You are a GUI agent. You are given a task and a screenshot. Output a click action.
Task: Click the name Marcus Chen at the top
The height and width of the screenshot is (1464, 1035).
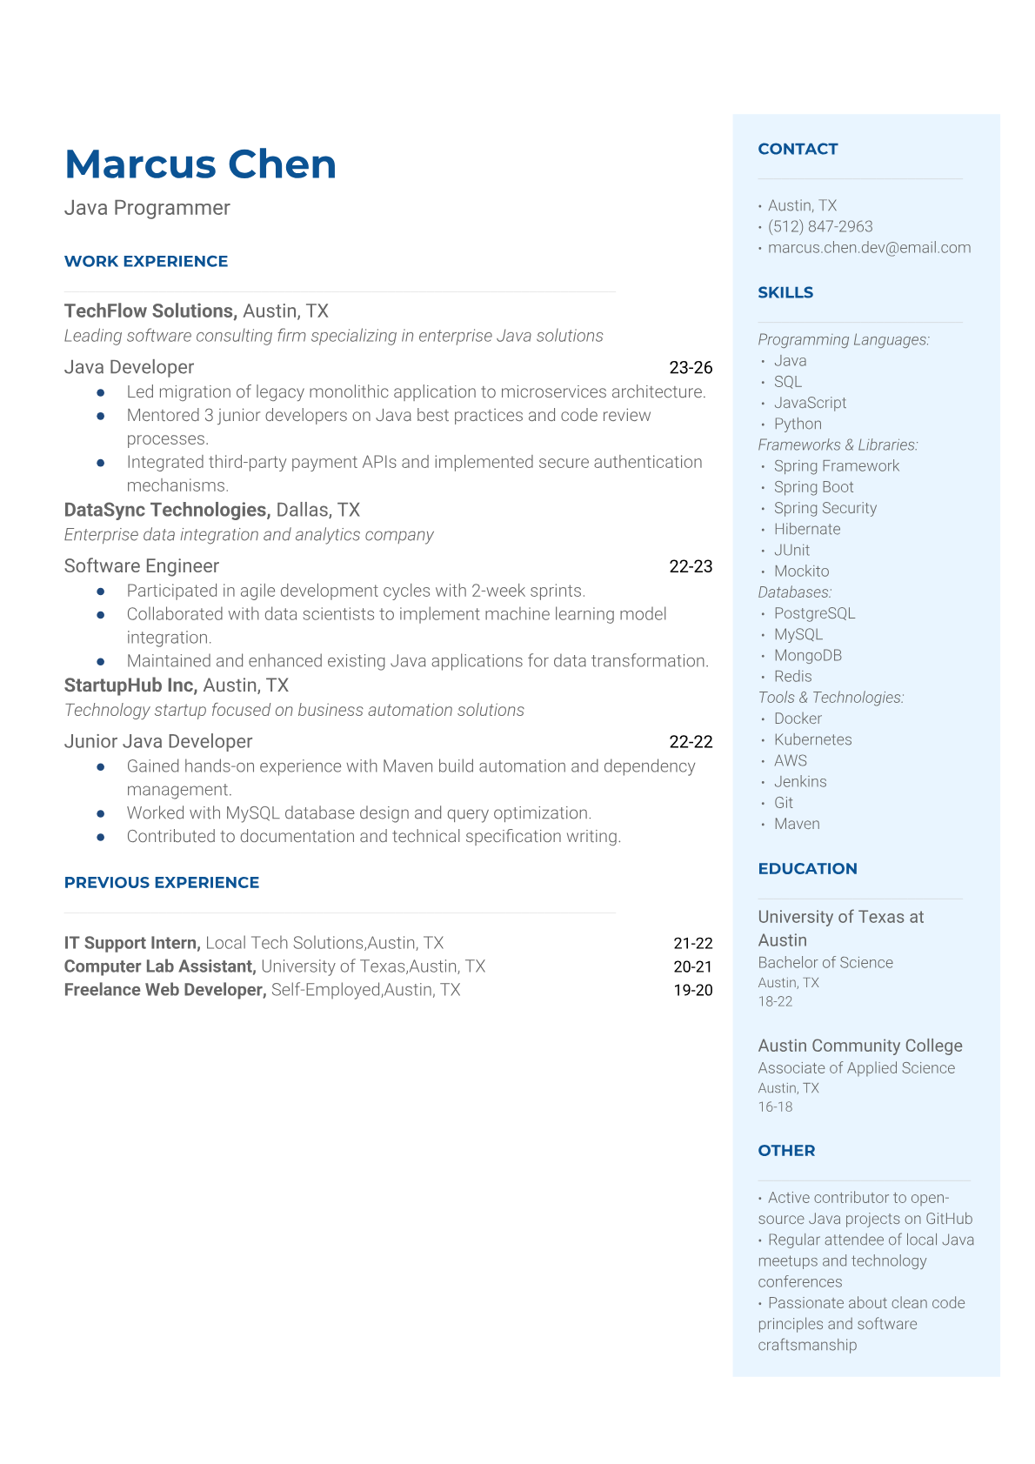tap(200, 164)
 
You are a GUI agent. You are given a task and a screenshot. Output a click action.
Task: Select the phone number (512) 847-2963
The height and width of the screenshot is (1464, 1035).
tap(820, 226)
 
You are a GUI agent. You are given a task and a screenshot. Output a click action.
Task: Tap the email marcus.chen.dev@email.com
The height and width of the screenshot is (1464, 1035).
tap(869, 247)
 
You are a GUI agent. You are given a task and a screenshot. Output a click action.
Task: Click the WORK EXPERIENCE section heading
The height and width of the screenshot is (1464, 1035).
tap(146, 261)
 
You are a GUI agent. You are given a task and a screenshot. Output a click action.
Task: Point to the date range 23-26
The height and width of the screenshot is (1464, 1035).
tap(691, 367)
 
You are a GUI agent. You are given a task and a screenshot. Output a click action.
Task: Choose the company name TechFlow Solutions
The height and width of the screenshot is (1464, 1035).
tap(150, 311)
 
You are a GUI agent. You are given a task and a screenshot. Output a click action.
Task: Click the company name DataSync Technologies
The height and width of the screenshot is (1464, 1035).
tap(167, 510)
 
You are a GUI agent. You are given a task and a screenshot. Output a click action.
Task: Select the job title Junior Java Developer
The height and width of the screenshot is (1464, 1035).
tap(158, 741)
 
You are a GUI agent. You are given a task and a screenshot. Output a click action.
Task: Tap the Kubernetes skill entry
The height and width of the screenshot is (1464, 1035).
tap(812, 739)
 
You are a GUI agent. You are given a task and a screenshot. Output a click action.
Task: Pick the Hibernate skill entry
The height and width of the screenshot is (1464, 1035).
tap(807, 529)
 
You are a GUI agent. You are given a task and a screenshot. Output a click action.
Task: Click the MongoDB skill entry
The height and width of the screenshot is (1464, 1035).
tap(807, 655)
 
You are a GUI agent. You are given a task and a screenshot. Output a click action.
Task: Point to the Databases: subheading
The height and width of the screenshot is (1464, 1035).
tap(795, 592)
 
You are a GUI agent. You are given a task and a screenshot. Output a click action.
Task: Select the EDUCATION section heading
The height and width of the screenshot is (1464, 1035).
tap(807, 868)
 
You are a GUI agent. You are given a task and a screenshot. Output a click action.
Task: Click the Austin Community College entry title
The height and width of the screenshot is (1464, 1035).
tap(860, 1046)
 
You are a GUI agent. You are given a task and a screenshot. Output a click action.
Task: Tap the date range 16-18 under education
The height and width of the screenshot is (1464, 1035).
tap(775, 1106)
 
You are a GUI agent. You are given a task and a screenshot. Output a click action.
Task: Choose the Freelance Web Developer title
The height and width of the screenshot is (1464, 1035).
tap(164, 990)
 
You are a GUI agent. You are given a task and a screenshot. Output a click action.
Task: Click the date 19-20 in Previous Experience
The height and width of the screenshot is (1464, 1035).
tap(692, 990)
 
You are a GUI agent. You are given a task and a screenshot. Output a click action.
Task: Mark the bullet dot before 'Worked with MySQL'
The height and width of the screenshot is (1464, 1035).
tap(101, 813)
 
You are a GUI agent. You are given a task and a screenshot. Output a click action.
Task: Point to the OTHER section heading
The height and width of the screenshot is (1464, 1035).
tap(786, 1150)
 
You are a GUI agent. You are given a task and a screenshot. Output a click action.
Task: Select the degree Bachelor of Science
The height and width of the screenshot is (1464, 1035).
tap(825, 962)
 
